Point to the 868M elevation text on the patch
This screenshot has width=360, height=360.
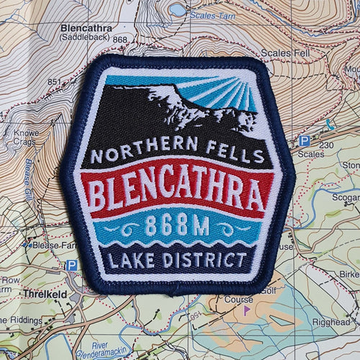(x=178, y=227)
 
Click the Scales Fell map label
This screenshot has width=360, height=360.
(x=284, y=53)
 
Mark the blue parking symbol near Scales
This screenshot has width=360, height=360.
(x=305, y=141)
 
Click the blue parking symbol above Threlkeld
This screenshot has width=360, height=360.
(x=71, y=266)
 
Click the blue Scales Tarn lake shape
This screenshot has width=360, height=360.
(x=176, y=9)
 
